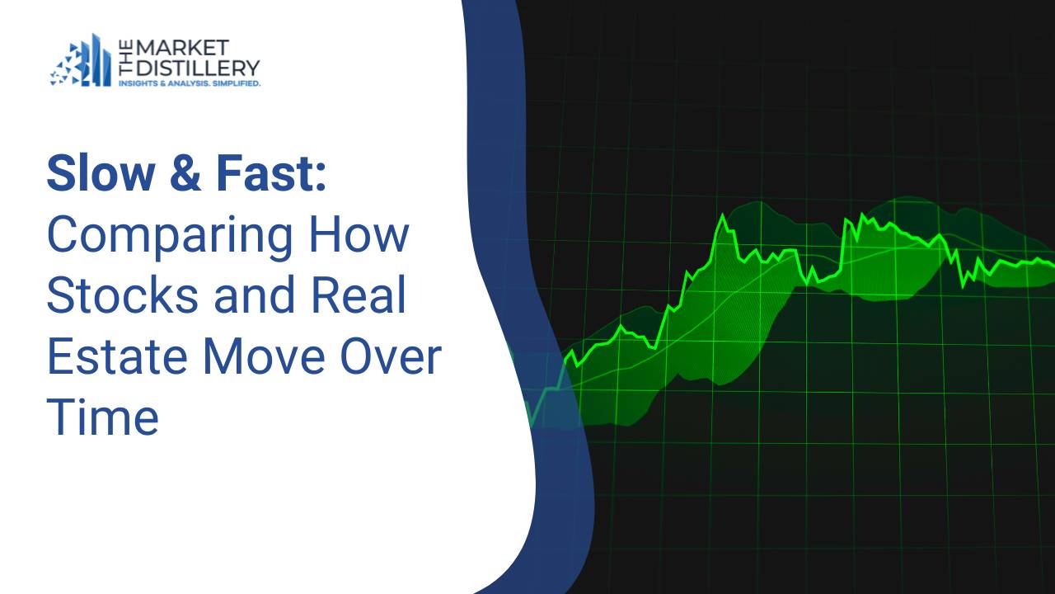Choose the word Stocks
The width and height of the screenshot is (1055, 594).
[122, 296]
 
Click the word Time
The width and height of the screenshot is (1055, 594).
[102, 418]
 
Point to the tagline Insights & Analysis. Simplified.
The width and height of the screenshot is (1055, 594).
[190, 83]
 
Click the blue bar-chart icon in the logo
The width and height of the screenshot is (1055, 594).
[82, 61]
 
